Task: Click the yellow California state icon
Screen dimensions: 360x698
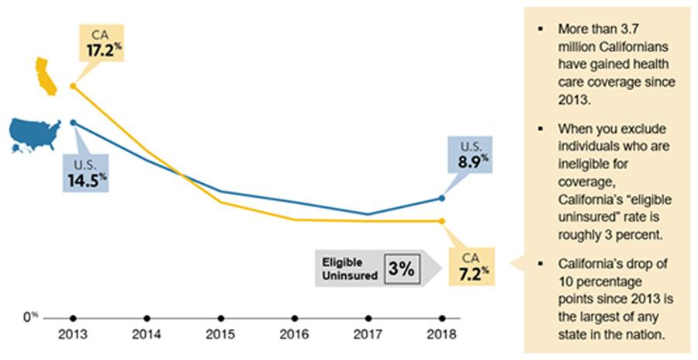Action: [44, 76]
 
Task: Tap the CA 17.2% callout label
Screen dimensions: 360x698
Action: [104, 43]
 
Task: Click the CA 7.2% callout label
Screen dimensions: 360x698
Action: [472, 265]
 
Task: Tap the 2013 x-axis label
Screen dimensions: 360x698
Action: [73, 336]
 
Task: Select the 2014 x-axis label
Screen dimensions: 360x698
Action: [147, 336]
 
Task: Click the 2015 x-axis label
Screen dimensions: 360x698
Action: [221, 336]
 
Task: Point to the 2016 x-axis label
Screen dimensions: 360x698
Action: [295, 336]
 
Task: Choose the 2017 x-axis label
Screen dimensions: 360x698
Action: [368, 336]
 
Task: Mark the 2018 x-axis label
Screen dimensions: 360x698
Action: [442, 336]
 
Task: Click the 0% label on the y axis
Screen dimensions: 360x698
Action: [30, 317]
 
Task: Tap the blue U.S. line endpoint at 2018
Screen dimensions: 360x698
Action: [442, 198]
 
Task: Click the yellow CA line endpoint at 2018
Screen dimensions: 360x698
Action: [442, 221]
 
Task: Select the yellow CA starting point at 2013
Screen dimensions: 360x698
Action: [73, 86]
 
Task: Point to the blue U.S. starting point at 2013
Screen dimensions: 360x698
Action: [73, 123]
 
